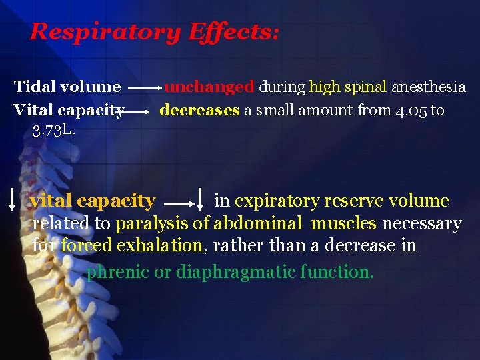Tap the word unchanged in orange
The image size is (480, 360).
[209, 87]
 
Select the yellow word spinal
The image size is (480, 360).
[366, 87]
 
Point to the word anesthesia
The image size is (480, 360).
[428, 87]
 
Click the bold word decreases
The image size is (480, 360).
[199, 109]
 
